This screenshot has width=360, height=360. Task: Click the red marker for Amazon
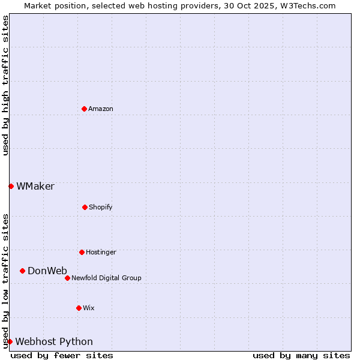pyautogui.click(x=84, y=109)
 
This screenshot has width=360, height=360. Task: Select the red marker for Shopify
pyautogui.click(x=85, y=207)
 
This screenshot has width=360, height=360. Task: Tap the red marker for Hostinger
pyautogui.click(x=82, y=252)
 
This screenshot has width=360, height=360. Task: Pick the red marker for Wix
pyautogui.click(x=79, y=308)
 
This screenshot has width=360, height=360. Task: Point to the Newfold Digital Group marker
pyautogui.click(x=67, y=278)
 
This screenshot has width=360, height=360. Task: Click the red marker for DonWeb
pyautogui.click(x=22, y=271)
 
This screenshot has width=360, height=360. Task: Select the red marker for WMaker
pyautogui.click(x=11, y=186)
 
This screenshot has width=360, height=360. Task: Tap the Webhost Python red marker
pyautogui.click(x=10, y=341)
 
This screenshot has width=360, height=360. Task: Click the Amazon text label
pyautogui.click(x=101, y=109)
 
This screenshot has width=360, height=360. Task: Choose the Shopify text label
pyautogui.click(x=101, y=207)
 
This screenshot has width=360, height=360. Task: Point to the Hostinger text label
pyautogui.click(x=101, y=252)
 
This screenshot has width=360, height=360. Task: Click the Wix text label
pyautogui.click(x=89, y=308)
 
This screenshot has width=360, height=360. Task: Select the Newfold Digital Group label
pyautogui.click(x=106, y=278)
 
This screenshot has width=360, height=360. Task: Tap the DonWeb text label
pyautogui.click(x=47, y=271)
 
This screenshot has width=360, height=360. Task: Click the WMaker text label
pyautogui.click(x=35, y=186)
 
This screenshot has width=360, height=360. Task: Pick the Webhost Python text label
pyautogui.click(x=54, y=341)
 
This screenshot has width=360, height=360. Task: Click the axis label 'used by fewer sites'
pyautogui.click(x=62, y=355)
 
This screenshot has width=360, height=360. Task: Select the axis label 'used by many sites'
pyautogui.click(x=301, y=355)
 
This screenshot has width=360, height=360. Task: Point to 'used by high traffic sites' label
pyautogui.click(x=5, y=85)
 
